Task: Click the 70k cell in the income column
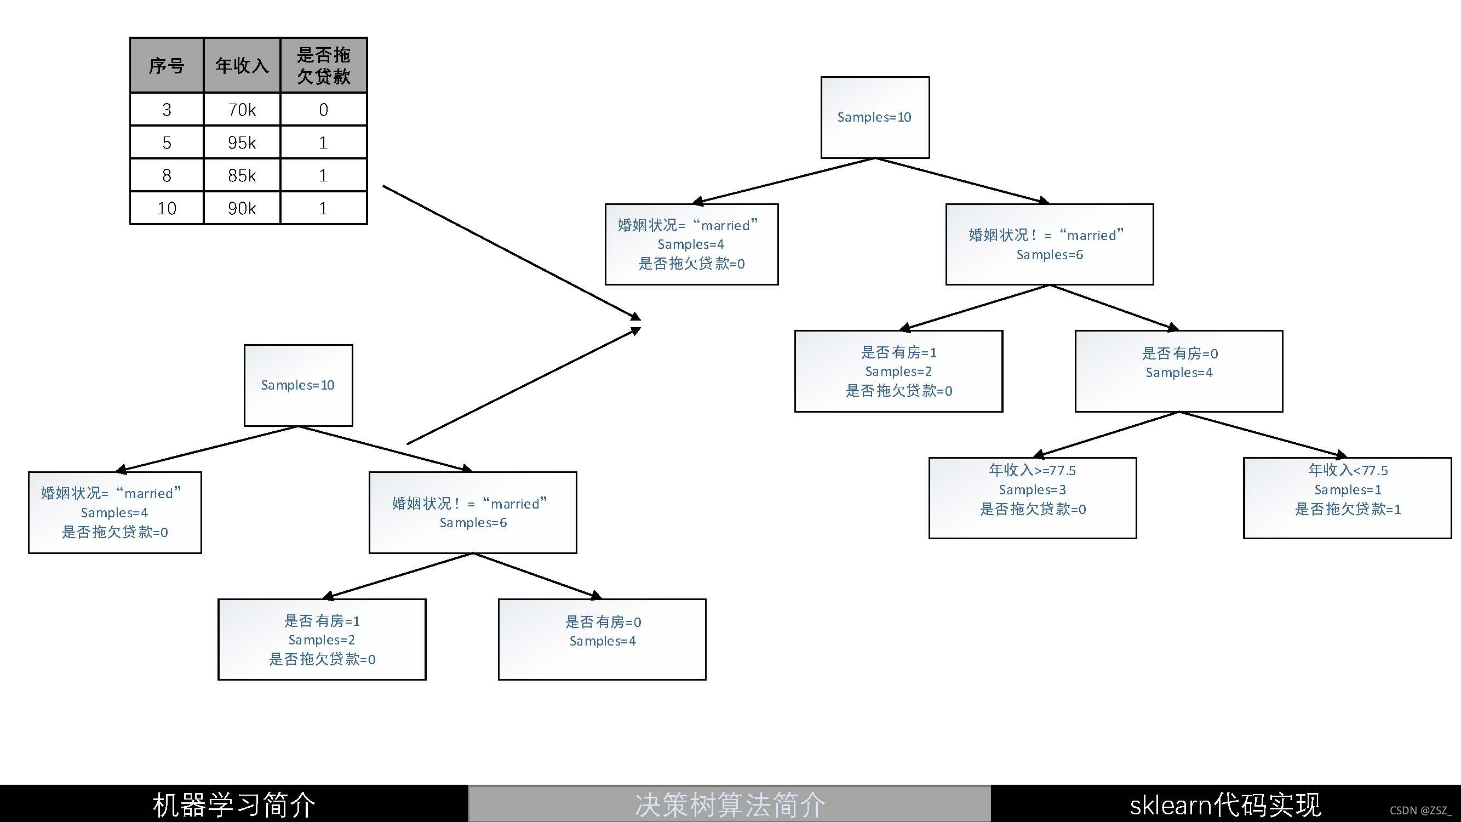[x=242, y=110]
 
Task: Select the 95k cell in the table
[x=242, y=142]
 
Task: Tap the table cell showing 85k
[x=242, y=175]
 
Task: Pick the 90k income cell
[x=242, y=208]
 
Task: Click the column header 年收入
[x=242, y=66]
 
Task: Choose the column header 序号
[x=167, y=66]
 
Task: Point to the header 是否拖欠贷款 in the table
[x=323, y=66]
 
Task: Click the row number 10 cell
[x=167, y=208]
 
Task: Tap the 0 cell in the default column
[x=323, y=110]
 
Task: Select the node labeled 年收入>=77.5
[x=1032, y=498]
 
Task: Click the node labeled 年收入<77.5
[x=1347, y=498]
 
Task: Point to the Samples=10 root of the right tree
[x=874, y=117]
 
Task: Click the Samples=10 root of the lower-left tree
[x=298, y=385]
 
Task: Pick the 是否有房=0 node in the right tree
[x=1178, y=371]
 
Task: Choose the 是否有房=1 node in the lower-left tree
[x=322, y=640]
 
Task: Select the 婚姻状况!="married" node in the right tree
[x=1049, y=244]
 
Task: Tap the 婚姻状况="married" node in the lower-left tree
[x=114, y=512]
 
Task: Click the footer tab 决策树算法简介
[x=729, y=804]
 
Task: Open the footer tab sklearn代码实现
[x=1225, y=804]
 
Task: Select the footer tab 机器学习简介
[x=234, y=804]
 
